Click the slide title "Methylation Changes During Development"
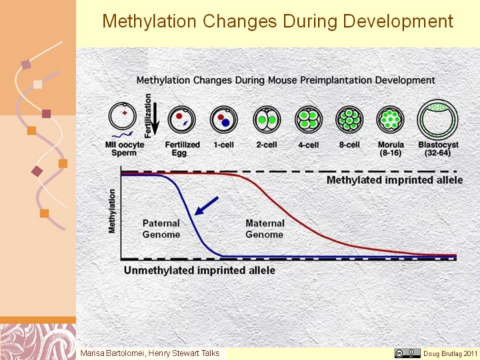[277, 21]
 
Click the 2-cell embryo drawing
[267, 119]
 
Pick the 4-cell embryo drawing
[308, 119]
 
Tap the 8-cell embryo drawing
[349, 119]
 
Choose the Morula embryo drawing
[391, 119]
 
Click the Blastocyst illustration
[438, 119]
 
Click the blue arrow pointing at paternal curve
[206, 205]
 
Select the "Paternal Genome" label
[161, 229]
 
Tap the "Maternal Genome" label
[265, 229]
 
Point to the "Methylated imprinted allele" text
[394, 180]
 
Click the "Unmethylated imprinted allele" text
[199, 270]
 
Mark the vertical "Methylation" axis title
[112, 211]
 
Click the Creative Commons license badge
[407, 353]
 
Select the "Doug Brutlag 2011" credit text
[450, 353]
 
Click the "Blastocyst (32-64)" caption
[438, 149]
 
